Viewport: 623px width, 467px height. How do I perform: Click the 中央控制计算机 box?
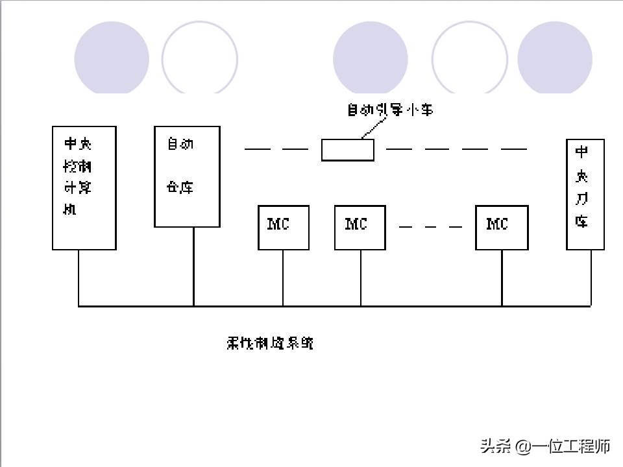coord(84,188)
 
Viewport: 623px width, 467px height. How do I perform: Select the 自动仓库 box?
coord(187,176)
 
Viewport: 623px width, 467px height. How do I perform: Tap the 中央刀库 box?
coord(585,194)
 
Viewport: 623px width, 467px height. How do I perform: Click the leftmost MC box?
coord(284,227)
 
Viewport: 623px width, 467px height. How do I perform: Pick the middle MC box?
coord(360,227)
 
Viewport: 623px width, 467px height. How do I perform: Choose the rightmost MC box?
coord(502,227)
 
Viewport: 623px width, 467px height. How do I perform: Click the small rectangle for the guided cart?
coord(348,150)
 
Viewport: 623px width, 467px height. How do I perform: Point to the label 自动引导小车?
coord(389,110)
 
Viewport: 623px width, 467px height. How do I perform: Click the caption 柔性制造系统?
coord(270,343)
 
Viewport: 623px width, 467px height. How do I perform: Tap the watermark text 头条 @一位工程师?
coord(545,446)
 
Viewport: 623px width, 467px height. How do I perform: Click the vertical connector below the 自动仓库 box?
coord(193,266)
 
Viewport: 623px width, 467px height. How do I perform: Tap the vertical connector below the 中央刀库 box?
coord(591,278)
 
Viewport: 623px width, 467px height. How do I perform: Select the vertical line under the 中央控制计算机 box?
coord(79,278)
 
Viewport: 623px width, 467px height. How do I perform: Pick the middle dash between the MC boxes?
coord(431,227)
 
